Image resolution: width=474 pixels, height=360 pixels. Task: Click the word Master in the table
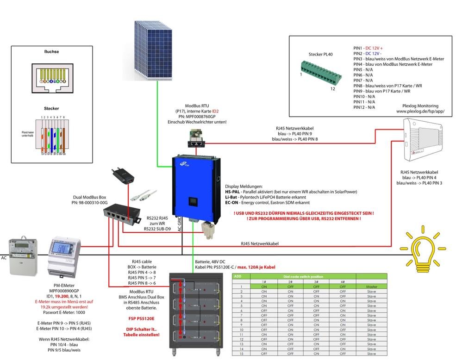[x=371, y=287]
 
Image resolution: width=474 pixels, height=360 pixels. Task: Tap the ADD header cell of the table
[x=238, y=276]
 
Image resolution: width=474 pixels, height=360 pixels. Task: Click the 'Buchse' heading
[x=51, y=52]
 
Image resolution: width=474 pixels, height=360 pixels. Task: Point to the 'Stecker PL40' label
[x=320, y=55]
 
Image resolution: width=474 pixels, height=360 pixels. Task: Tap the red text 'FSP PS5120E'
[x=141, y=318]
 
